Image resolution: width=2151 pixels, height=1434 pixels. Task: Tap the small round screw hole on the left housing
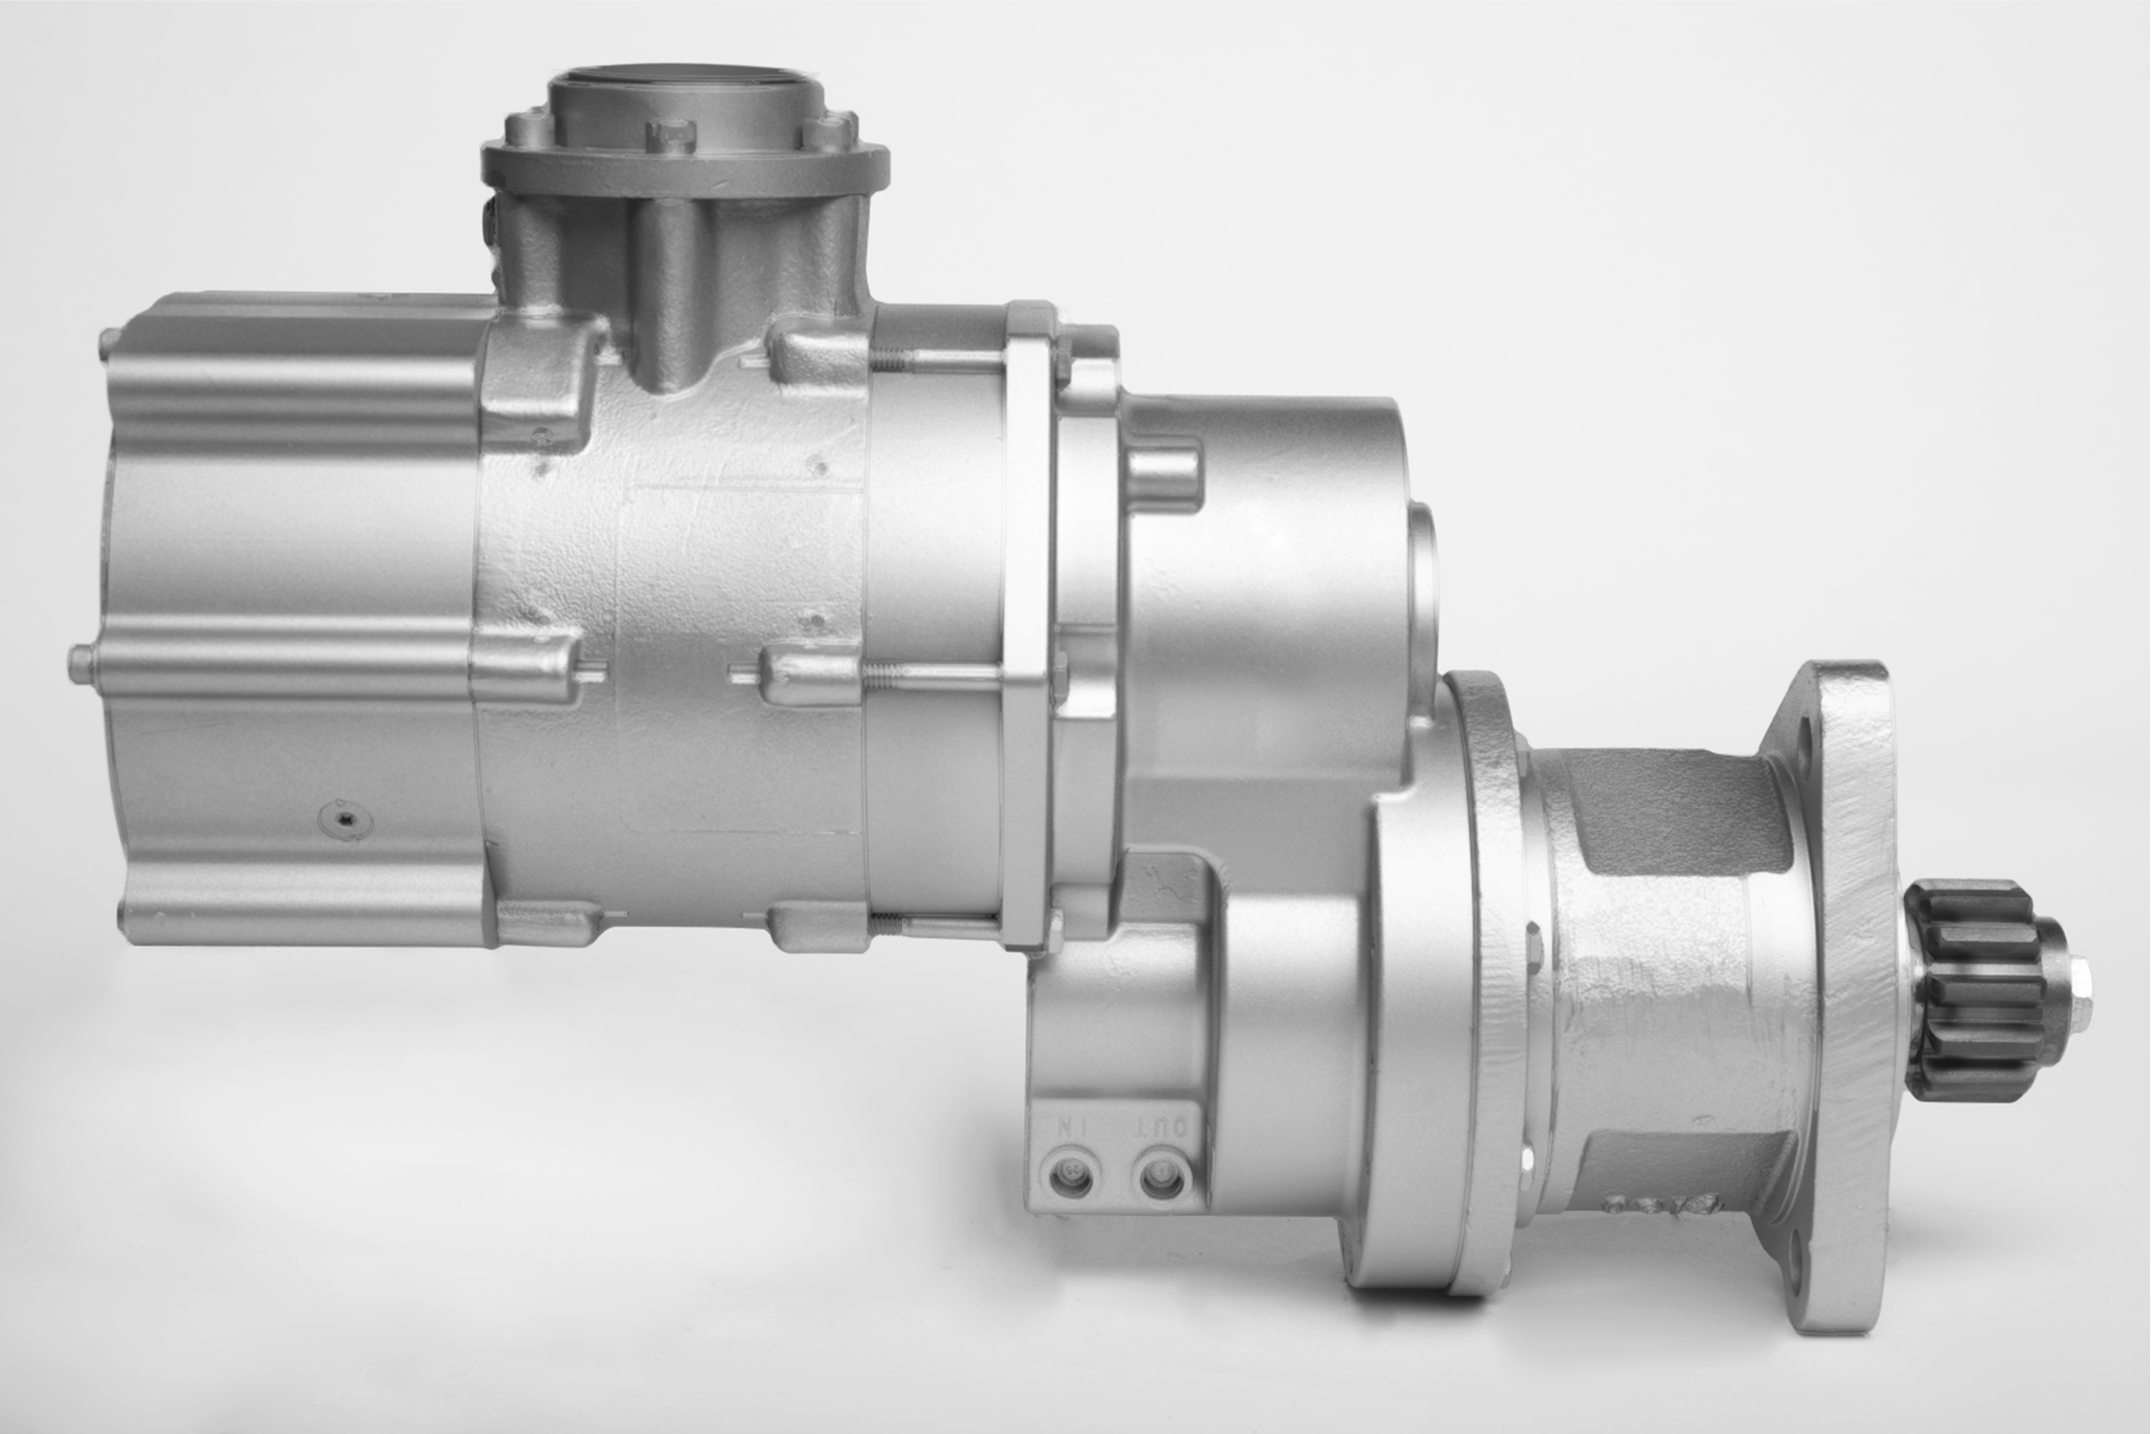344,822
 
